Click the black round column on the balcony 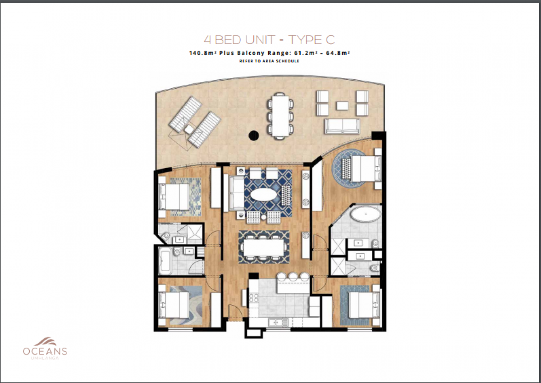pos(253,135)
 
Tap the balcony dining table pos(280,116)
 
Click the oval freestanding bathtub pos(366,214)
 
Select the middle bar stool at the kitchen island pos(293,276)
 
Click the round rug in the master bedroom pos(349,168)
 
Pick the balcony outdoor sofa pos(342,126)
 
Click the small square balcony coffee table pos(342,105)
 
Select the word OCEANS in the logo pos(45,351)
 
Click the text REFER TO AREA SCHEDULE pos(269,61)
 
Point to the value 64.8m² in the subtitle pos(338,53)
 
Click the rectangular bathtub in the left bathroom pos(165,261)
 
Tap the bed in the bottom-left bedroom pos(174,305)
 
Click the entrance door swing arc pos(238,308)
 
